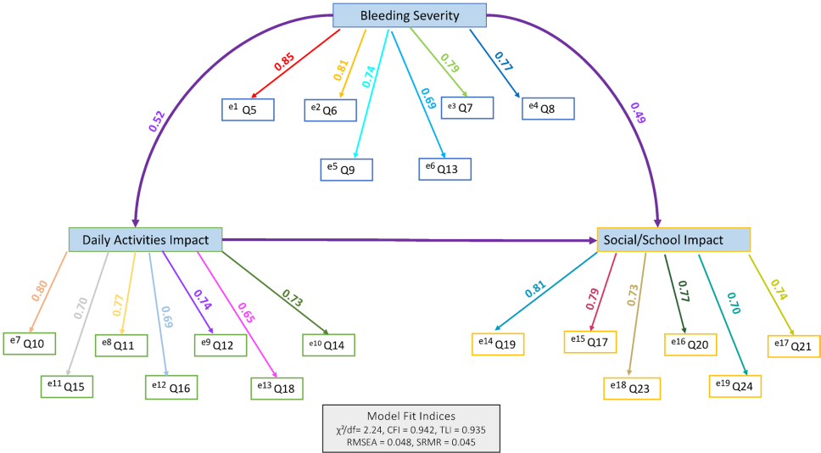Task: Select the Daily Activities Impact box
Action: pos(145,240)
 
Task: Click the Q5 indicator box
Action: pos(248,109)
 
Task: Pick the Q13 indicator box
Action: pos(445,168)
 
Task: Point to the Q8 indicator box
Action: pos(549,109)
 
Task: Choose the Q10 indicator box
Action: pos(30,343)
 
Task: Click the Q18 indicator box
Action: pos(276,387)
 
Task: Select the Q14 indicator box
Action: pos(328,344)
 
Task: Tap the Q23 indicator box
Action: pos(631,387)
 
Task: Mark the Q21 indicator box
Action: pos(794,346)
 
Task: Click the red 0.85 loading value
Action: pos(284,62)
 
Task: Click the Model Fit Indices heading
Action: pos(410,416)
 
